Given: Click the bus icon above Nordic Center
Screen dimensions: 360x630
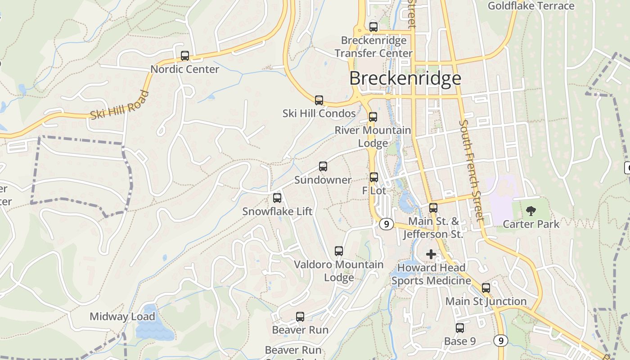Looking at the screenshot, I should click(185, 56).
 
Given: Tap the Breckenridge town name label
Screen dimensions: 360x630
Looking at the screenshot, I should click(405, 78).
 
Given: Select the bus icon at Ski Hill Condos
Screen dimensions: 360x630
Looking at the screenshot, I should click(319, 100).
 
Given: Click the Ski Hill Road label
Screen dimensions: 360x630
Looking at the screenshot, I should click(120, 105).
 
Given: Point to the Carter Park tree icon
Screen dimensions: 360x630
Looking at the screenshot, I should click(531, 211).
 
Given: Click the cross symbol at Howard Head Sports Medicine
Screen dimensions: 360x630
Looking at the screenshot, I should click(431, 254).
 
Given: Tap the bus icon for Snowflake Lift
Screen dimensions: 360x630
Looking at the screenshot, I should click(277, 198).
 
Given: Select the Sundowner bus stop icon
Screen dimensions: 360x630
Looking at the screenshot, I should click(323, 166).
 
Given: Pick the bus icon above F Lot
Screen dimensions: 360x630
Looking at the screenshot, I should click(374, 177).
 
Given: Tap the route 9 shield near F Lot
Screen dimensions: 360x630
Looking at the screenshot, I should click(386, 224).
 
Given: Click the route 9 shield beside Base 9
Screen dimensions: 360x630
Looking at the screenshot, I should click(500, 341).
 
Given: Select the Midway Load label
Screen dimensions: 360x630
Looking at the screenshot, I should click(122, 316).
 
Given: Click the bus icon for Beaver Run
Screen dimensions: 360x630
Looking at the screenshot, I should click(300, 317).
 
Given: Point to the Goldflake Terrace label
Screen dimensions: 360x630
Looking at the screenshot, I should click(531, 6).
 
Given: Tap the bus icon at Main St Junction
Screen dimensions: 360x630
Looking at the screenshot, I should click(486, 288).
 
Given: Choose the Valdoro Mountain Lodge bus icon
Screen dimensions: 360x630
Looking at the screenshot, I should click(339, 251).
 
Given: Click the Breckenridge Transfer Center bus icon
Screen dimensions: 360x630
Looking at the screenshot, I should click(373, 27).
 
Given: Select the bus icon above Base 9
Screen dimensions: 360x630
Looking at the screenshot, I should click(460, 328).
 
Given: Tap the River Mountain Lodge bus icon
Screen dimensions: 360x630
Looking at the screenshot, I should click(373, 117).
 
